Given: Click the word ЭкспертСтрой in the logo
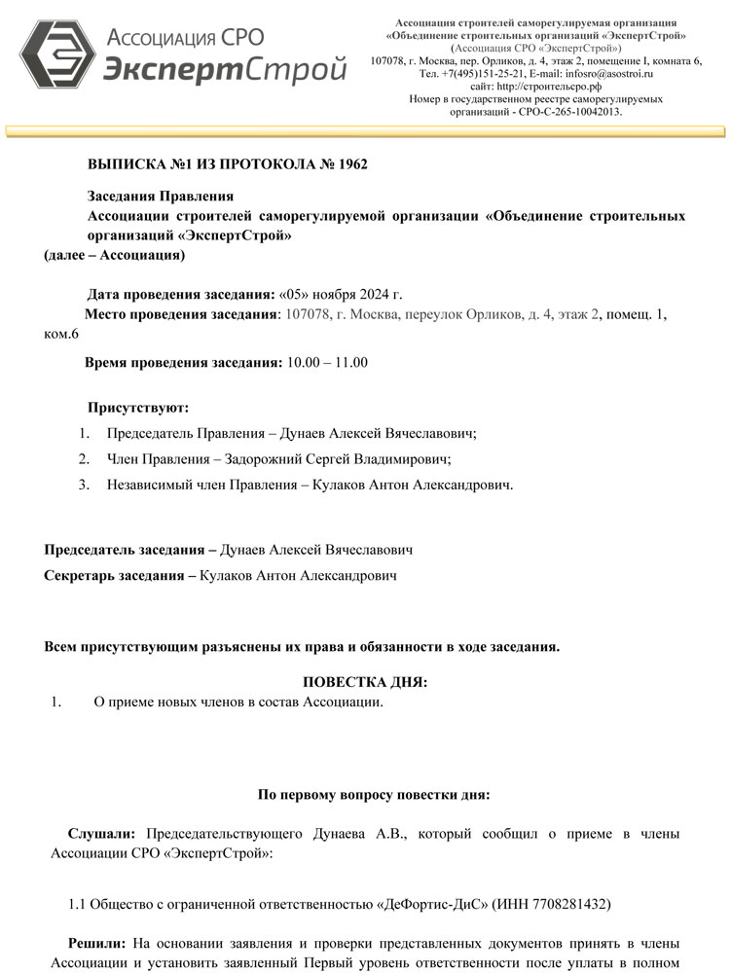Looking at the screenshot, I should [x=225, y=70].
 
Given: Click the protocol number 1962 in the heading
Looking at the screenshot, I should [x=349, y=163].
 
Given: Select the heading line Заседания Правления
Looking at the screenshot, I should [x=161, y=197].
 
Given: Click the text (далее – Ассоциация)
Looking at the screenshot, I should [x=115, y=255].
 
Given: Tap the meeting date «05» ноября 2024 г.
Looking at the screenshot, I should [x=340, y=294].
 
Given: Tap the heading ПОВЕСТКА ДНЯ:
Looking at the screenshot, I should [x=365, y=682].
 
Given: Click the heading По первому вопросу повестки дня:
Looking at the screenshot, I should [x=374, y=794].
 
